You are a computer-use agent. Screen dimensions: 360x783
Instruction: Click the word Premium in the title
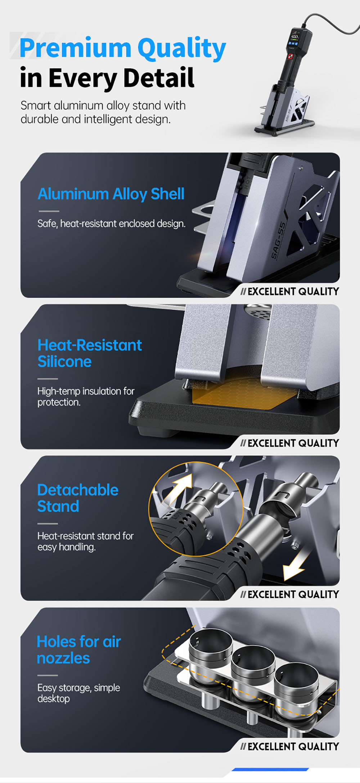76,48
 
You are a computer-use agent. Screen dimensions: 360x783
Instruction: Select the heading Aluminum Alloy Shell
111,194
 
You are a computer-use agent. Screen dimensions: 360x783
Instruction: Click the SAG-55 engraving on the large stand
279,240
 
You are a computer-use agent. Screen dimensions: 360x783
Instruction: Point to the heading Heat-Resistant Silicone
90,353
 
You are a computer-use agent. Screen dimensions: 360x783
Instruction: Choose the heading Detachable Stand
78,498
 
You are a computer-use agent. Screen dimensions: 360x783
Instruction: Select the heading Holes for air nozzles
79,650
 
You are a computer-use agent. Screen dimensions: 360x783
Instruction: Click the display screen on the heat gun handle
295,38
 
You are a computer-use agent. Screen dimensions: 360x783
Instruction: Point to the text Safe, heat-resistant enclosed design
111,224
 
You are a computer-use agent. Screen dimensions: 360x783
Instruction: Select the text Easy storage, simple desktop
78,693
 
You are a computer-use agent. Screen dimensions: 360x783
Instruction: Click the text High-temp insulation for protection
86,397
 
